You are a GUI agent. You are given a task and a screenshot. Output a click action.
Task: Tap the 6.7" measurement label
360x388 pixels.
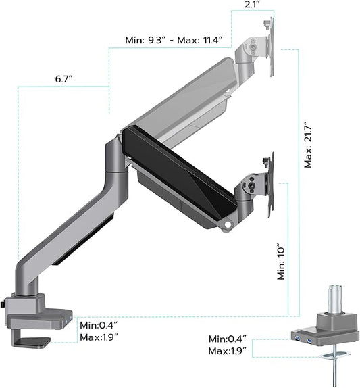point(64,79)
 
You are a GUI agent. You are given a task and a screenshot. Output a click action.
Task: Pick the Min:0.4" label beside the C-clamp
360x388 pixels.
point(101,324)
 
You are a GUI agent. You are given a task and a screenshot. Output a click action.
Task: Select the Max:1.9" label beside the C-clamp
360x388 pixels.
point(101,337)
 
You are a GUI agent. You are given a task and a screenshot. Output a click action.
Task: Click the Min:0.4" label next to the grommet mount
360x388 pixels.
point(226,339)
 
